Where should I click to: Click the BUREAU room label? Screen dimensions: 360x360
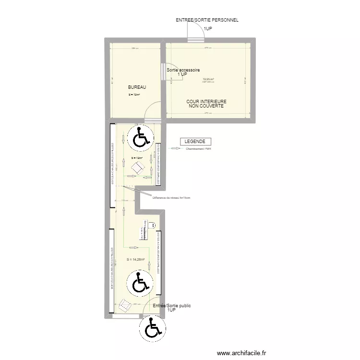tap(136, 87)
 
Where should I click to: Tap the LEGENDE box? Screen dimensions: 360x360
tap(195, 142)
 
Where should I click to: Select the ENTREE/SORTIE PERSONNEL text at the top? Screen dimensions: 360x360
tap(207, 20)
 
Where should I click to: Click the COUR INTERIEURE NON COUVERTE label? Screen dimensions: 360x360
tap(206, 104)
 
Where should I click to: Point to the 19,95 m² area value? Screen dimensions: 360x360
tap(208, 79)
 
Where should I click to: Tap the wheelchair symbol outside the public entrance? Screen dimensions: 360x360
tap(152, 330)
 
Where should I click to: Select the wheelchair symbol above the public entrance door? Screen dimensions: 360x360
tap(140, 283)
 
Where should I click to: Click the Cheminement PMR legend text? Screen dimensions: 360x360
tap(198, 149)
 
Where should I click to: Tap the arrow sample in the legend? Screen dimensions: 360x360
tap(175, 149)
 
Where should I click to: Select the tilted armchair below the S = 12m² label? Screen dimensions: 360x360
tap(138, 168)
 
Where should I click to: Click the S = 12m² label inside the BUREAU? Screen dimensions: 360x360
tap(134, 95)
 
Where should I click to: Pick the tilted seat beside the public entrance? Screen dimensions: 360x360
tap(126, 305)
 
